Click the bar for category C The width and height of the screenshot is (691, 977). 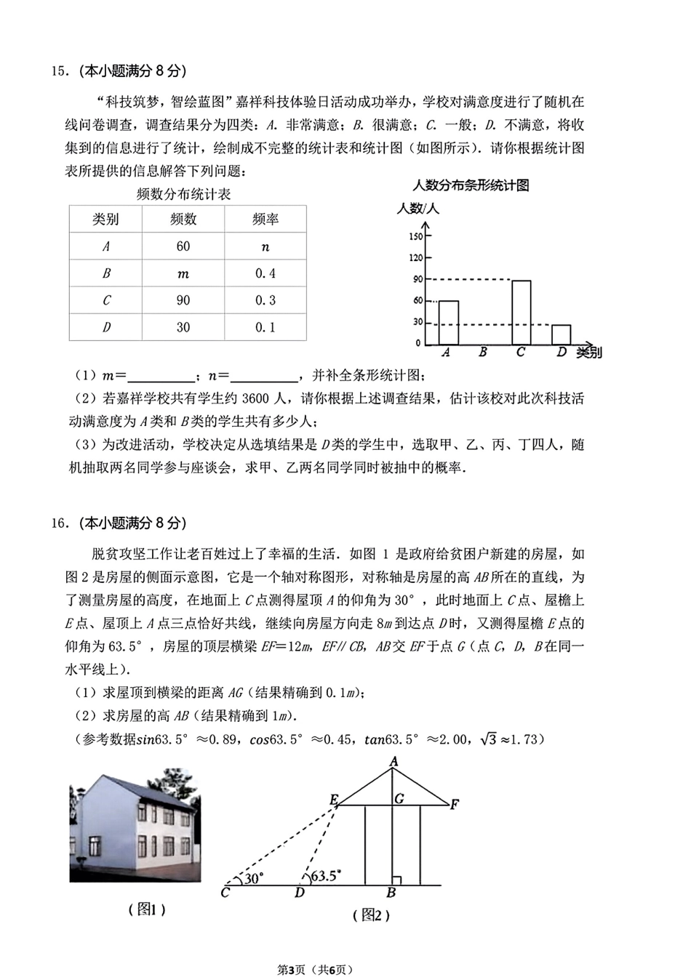point(521,313)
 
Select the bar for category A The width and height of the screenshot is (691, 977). point(449,323)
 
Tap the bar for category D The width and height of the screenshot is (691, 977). point(561,334)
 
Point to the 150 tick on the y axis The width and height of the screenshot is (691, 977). point(415,236)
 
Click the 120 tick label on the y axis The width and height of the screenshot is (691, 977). point(415,257)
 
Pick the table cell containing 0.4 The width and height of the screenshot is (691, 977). point(265,273)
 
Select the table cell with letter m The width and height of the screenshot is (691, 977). point(183,274)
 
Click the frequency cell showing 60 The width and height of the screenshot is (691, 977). point(183,246)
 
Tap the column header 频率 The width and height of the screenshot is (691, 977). point(265,220)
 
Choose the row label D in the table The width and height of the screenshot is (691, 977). point(106,327)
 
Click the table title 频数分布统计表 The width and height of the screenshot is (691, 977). point(183,194)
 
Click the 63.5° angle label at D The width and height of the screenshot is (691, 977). point(326,876)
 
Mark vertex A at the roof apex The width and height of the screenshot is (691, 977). point(394,762)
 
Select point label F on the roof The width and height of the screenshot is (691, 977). point(454,804)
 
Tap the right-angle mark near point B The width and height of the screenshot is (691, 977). point(396,881)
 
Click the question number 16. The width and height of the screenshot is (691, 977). point(58,523)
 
